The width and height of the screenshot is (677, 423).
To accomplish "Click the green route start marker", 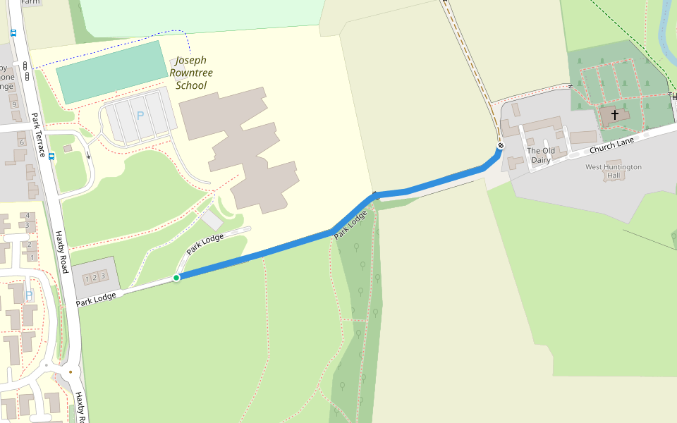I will (176, 278).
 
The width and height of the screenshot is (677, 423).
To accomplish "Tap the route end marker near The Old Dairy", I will (501, 146).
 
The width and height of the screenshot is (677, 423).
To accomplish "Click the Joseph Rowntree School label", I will (191, 73).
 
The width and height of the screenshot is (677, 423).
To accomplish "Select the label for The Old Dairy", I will (541, 155).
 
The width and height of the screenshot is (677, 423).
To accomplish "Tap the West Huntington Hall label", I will (614, 171).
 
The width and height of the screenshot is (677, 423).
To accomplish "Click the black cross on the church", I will (615, 114).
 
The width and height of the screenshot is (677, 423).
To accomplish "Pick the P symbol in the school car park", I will (140, 115).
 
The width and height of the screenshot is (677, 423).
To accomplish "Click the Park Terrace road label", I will (38, 135).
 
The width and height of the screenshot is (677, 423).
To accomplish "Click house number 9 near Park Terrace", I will (13, 104).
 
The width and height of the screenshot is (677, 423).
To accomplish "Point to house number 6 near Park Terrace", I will (21, 142).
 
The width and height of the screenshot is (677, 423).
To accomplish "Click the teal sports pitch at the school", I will (111, 71).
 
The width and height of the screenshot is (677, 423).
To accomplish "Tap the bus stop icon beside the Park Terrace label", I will (52, 156).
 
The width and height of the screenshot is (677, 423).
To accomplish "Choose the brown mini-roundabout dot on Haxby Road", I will (71, 371).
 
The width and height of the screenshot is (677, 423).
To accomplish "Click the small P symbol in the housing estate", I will (29, 296).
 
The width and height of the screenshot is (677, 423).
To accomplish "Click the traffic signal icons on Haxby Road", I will (25, 70).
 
